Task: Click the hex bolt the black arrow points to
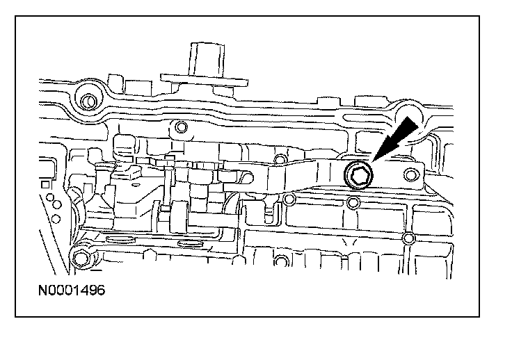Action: [358, 175]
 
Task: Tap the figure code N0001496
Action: [72, 290]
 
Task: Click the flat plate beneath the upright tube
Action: [205, 81]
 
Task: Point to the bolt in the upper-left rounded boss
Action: [89, 101]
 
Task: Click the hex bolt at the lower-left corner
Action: [80, 259]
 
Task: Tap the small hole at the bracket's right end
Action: [410, 174]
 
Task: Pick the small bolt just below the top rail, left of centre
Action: [182, 126]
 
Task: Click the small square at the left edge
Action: [45, 185]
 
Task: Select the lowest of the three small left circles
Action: [56, 218]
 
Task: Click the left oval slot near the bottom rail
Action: [120, 240]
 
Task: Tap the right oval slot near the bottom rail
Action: [191, 243]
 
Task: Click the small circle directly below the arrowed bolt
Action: [353, 203]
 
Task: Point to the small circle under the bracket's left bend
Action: [289, 199]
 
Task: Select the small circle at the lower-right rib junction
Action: [408, 238]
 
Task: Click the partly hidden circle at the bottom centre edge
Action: [281, 261]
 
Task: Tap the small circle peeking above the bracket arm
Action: [280, 159]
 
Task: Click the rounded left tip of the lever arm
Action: [250, 178]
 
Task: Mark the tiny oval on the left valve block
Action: [133, 185]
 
